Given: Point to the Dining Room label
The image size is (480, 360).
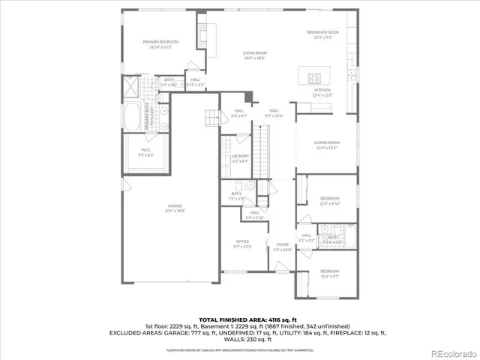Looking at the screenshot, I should (327, 144).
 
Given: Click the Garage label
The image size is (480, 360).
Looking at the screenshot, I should (174, 208).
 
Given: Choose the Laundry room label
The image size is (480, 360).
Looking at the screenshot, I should (240, 157).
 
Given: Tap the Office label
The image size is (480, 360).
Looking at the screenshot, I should (242, 243).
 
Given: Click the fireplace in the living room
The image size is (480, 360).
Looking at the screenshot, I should (202, 35).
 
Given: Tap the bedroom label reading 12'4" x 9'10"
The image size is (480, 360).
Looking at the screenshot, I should (330, 201).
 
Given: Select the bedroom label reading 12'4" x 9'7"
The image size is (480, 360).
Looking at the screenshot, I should (329, 273).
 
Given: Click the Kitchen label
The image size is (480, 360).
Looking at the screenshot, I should (322, 91).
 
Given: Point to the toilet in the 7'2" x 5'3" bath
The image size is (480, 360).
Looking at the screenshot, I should (237, 185).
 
